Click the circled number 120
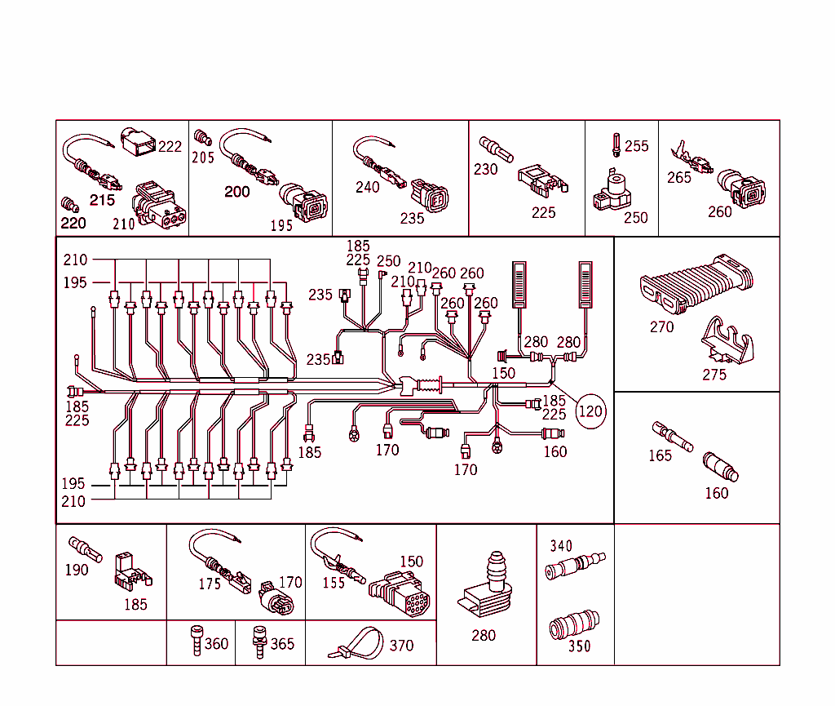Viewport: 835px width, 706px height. (x=590, y=411)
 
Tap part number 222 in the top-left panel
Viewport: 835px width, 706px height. (x=170, y=147)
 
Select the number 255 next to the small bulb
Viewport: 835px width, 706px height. (x=637, y=146)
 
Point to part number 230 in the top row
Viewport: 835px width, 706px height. (x=485, y=170)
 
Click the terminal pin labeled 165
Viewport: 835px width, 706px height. (x=672, y=437)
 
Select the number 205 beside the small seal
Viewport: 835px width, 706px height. (x=202, y=157)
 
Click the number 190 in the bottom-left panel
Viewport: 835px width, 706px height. (x=77, y=570)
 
